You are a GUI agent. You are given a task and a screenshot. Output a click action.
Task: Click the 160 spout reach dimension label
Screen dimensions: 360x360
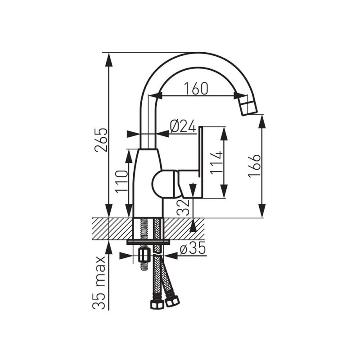tap(196, 89)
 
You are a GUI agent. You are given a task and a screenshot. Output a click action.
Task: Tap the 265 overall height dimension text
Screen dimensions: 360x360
tap(101, 140)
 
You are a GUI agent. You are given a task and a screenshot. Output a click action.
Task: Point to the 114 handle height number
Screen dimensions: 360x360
tap(216, 163)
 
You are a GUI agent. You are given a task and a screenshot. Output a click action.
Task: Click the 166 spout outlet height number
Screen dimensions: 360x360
tap(254, 166)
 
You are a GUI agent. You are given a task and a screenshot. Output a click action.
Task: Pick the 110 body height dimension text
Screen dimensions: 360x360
tap(121, 182)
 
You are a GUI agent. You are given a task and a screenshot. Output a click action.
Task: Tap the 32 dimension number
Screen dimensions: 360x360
tap(183, 207)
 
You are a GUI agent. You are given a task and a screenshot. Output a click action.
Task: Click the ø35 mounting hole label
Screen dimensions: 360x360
tap(193, 249)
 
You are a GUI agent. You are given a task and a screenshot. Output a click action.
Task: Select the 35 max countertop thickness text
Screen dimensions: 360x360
tap(99, 283)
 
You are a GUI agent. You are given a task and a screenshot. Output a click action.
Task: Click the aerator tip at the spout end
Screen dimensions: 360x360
tap(248, 107)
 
